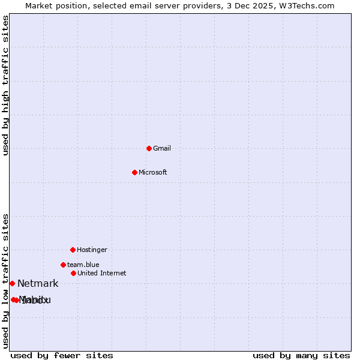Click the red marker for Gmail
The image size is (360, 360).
(149, 148)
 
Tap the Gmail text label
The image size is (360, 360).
(162, 149)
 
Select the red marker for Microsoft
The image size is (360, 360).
(134, 172)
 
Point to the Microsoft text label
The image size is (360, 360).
(153, 173)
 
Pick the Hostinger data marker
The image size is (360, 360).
(73, 250)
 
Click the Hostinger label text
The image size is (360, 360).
(92, 250)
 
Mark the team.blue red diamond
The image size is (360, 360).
(63, 265)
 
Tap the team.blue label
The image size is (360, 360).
(83, 265)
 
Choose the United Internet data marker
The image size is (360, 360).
(73, 273)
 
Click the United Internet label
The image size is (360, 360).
(102, 274)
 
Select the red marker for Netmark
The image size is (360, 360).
(12, 283)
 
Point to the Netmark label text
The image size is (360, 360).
(38, 284)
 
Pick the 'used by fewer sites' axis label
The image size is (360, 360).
(62, 355)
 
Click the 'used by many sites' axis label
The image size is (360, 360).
(301, 355)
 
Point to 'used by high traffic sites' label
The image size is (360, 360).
(6, 85)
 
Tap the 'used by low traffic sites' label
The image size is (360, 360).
(6, 281)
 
